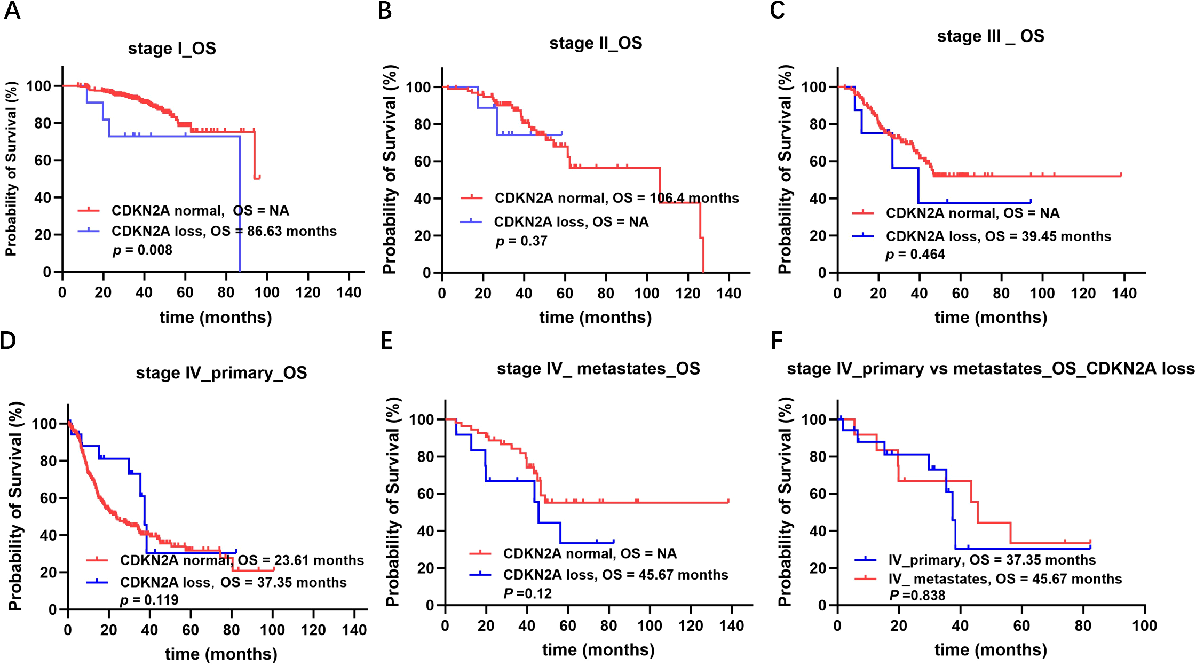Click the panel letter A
12,11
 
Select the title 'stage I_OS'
172,49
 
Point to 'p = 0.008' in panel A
142,250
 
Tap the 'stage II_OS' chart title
596,43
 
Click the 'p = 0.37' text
521,241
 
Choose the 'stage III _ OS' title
991,36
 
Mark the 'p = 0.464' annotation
915,255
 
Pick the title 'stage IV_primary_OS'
221,372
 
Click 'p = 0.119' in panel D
149,600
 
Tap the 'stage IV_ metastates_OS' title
598,369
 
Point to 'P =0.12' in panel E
528,593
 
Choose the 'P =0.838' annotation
917,595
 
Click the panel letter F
777,340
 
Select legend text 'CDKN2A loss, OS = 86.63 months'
224,231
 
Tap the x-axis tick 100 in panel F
1144,625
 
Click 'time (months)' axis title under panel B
596,318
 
